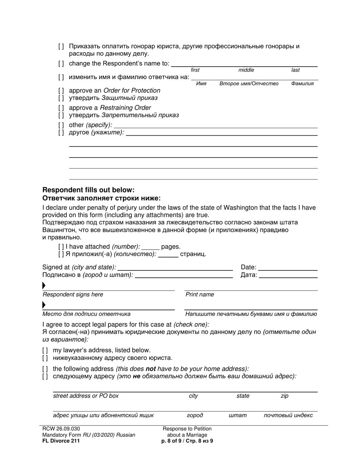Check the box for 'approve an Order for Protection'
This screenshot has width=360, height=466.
[61, 91]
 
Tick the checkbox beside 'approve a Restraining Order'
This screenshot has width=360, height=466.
[61, 108]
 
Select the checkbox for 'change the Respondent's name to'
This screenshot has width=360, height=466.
[61, 64]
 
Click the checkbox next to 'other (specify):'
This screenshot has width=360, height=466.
[61, 125]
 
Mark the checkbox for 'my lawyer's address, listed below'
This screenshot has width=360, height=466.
[45, 350]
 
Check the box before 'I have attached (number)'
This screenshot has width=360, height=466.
[61, 247]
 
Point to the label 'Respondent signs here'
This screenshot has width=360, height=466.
[73, 295]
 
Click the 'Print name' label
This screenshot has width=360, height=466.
[199, 295]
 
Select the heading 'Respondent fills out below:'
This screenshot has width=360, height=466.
[88, 190]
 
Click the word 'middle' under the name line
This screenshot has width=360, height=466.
[246, 70]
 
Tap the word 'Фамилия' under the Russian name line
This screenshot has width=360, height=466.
[302, 84]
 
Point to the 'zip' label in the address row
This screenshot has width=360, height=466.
[284, 396]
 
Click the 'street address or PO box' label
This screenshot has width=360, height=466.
[86, 396]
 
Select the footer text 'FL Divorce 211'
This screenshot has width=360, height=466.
[61, 441]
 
